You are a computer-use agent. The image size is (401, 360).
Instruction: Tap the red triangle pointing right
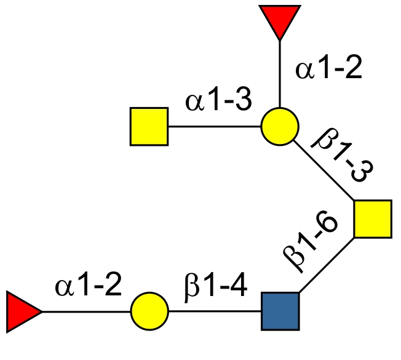click(x=22, y=311)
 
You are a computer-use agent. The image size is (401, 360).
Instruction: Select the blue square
click(x=280, y=311)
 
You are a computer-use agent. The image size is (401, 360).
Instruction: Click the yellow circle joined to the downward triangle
click(x=280, y=127)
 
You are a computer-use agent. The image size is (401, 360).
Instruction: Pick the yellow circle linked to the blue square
click(x=149, y=311)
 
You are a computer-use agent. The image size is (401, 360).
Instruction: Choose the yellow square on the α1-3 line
click(x=149, y=127)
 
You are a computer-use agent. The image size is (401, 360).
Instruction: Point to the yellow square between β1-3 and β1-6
click(x=373, y=219)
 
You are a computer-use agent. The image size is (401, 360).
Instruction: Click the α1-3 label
click(x=218, y=101)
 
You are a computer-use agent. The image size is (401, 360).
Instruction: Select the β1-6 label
click(x=311, y=242)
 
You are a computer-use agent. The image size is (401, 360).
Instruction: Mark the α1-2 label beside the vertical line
click(x=328, y=69)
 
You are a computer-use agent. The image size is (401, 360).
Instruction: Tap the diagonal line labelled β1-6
click(x=326, y=265)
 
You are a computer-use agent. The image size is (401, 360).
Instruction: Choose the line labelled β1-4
click(x=215, y=311)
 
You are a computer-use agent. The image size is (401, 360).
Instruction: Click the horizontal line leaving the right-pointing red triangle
click(x=86, y=311)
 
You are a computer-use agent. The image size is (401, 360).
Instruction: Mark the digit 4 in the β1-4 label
click(x=239, y=287)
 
